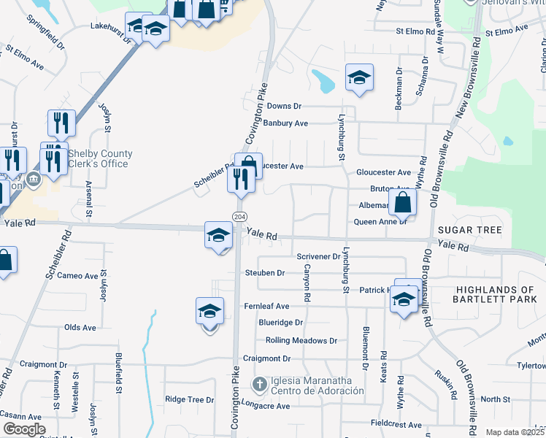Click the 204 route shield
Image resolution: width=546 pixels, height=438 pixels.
239,217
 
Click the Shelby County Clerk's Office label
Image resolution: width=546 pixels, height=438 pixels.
100,158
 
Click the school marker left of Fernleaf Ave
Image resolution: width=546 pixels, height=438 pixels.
210,312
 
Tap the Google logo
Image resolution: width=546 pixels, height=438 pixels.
23,429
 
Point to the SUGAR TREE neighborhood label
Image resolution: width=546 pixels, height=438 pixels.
469,230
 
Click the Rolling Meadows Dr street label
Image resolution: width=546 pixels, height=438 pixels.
301,340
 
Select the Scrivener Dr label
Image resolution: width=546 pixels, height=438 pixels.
319,256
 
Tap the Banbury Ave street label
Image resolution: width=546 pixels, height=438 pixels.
285,123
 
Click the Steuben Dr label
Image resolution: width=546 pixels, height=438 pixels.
264,273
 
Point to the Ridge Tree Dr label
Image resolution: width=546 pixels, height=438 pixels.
189,399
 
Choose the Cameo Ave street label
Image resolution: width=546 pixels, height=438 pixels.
77,276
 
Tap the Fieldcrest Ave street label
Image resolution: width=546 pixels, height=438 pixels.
396,424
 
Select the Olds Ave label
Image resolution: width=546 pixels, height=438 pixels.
80,328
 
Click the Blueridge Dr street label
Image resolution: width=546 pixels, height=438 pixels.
280,322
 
